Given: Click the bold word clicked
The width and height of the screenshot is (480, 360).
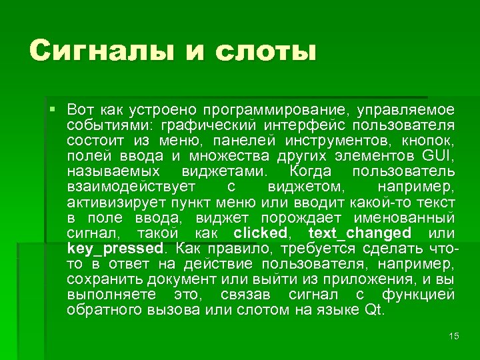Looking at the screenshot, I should tap(260, 233).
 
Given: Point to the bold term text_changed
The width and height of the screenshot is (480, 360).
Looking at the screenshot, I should tap(360, 233).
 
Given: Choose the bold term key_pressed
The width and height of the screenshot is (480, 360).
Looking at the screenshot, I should tap(115, 248).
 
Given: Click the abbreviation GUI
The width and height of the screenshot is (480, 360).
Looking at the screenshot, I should tap(437, 156).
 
